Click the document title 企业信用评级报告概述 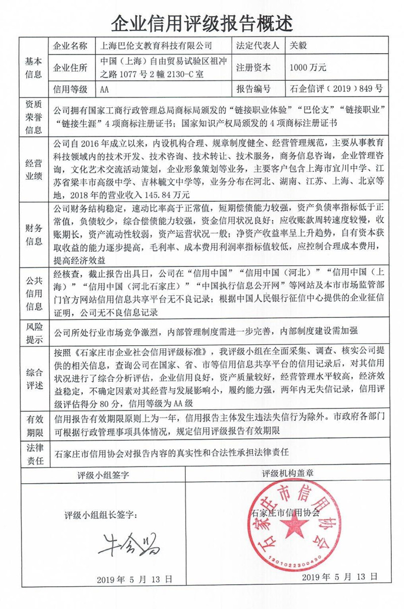tap(201, 22)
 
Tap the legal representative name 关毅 tap(298, 45)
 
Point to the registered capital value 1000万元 tap(308, 67)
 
